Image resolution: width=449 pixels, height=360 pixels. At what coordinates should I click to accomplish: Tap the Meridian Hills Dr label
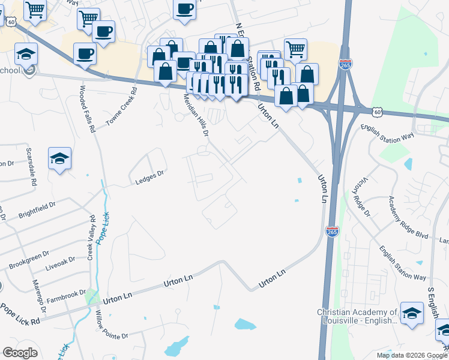(x=196, y=115)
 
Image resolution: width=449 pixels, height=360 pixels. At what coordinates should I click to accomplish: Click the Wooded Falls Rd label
(x=87, y=109)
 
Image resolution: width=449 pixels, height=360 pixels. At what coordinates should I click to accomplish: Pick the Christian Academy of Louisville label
(x=357, y=316)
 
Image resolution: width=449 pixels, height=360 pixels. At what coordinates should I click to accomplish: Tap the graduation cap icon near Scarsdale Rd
(x=59, y=158)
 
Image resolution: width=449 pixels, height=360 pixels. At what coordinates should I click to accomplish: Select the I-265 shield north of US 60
(x=345, y=64)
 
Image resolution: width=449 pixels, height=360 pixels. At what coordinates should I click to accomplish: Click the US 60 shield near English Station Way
(x=376, y=112)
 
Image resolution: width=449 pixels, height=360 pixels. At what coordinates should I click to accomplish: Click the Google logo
(x=20, y=353)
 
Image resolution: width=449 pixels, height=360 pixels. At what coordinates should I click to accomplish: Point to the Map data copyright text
(x=411, y=355)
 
